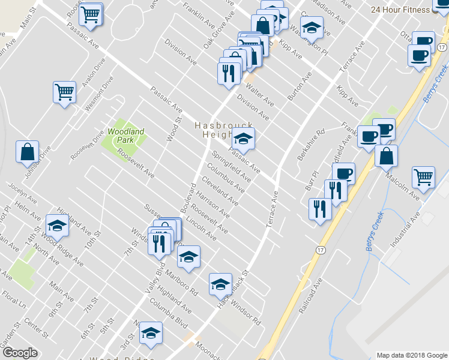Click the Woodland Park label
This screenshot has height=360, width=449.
click(122, 135)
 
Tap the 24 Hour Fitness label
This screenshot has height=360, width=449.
click(400, 10)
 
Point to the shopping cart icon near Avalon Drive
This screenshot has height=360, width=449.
click(64, 92)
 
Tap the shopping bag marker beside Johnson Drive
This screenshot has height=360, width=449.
click(28, 152)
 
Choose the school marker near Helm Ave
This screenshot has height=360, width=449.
click(57, 226)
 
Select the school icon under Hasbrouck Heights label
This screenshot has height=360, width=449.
click(243, 139)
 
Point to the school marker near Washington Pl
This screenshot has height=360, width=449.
click(312, 27)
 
